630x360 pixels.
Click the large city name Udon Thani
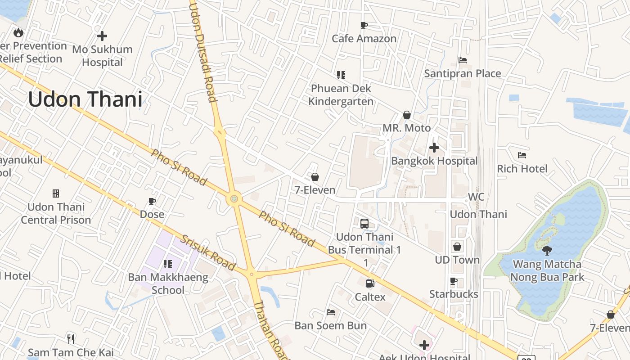85,99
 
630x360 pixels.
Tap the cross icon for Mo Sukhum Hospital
102,36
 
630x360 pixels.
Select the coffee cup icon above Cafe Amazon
364,26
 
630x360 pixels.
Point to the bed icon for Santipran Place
463,60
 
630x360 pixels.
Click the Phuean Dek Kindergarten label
341,95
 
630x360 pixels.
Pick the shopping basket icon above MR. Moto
407,115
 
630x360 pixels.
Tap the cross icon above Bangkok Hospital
434,148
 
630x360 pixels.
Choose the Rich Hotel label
522,169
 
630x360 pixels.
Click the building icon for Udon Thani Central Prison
56,193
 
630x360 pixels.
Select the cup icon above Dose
152,201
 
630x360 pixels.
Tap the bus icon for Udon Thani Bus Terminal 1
364,223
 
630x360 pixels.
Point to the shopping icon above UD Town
457,247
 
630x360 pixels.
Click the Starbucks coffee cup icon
454,281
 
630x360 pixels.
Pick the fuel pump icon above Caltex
370,283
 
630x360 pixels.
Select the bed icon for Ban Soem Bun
331,312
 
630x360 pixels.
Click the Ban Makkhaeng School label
168,283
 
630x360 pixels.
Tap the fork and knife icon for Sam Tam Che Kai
71,339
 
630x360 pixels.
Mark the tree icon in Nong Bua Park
547,251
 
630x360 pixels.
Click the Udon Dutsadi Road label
204,52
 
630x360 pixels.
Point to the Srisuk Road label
208,252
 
